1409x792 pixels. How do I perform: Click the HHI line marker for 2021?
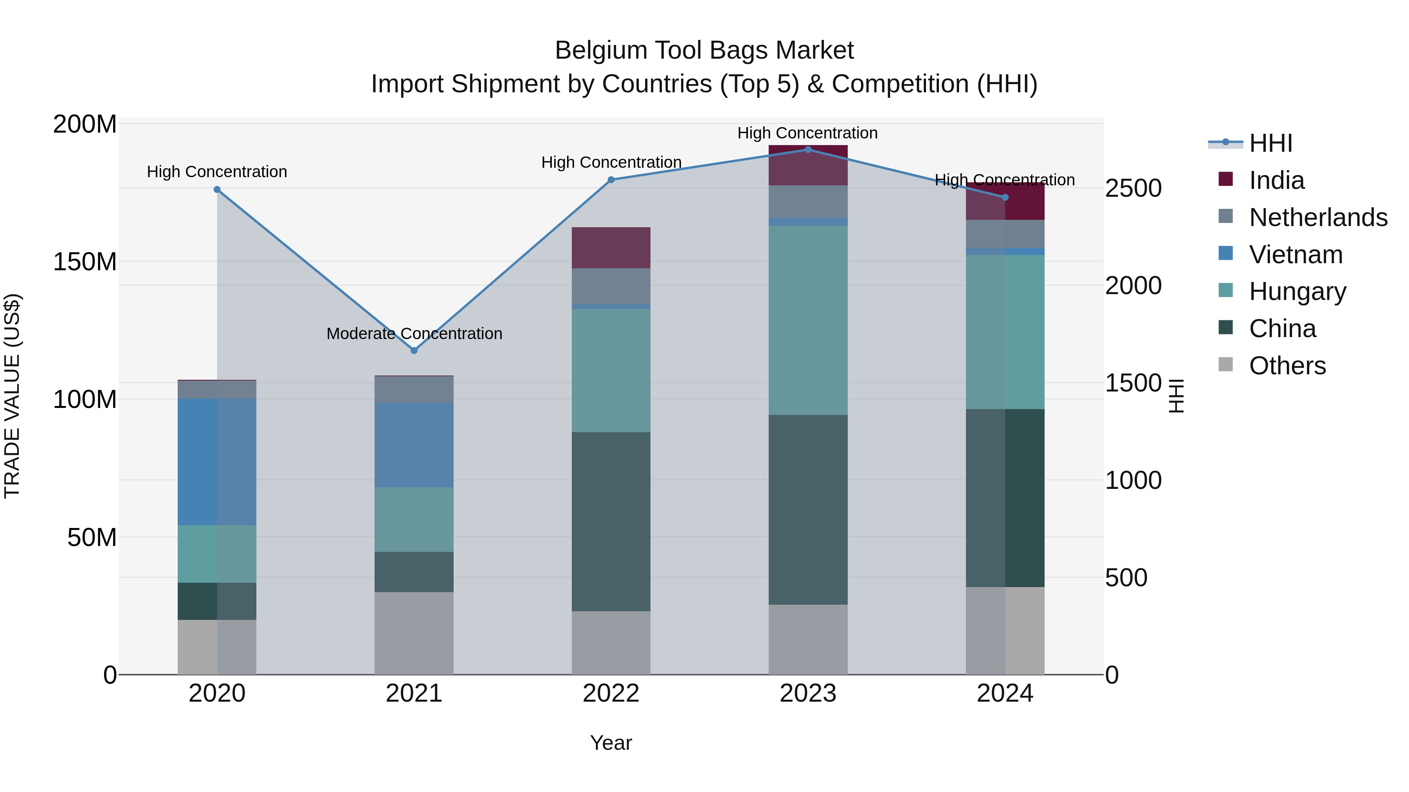tap(414, 350)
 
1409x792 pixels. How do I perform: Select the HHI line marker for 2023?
tap(808, 150)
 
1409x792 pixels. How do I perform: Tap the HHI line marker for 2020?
tap(217, 190)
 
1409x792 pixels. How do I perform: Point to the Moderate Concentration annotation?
tap(414, 333)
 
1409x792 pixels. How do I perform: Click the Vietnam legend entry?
tap(1295, 255)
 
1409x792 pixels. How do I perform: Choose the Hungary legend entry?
tap(1297, 291)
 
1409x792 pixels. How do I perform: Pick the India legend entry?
tap(1276, 180)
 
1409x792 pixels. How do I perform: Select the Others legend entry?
tap(1287, 366)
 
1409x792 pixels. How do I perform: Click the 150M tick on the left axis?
tap(85, 262)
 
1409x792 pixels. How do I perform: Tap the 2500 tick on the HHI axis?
tap(1133, 189)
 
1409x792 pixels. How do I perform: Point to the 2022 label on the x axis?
tap(611, 693)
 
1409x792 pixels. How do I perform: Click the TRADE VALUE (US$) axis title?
tap(12, 396)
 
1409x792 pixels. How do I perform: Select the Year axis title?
tap(611, 743)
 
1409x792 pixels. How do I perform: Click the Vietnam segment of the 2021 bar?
tap(414, 445)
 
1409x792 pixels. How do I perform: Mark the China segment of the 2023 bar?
tap(808, 509)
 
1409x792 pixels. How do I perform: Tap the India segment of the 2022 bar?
tap(611, 248)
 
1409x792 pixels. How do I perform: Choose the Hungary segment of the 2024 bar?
tap(1005, 332)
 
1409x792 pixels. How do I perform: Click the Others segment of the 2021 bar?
tap(414, 633)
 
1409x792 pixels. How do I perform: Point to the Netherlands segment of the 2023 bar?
tap(808, 202)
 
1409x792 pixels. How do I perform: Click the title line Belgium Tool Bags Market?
tap(704, 50)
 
